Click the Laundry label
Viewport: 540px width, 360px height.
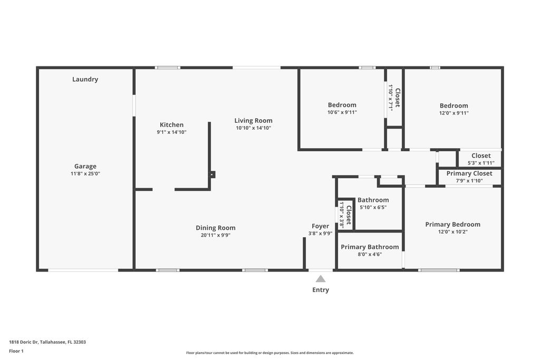(x=85, y=80)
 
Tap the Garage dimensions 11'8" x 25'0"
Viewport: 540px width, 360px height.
(x=85, y=173)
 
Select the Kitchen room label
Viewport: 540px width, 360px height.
(x=171, y=125)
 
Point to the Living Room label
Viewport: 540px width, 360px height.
(x=253, y=121)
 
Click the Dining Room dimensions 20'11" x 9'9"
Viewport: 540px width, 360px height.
(x=216, y=235)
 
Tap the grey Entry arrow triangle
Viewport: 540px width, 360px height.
(x=321, y=279)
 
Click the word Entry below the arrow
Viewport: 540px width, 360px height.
(x=321, y=290)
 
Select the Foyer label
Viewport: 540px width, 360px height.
(x=321, y=226)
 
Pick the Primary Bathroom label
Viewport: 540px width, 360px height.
(x=370, y=247)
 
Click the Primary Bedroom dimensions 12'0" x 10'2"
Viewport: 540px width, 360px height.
(x=452, y=231)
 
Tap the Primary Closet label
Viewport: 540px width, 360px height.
(x=469, y=173)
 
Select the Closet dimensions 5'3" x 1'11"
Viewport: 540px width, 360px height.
(x=480, y=163)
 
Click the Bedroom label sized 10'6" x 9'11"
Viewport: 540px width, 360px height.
(x=342, y=105)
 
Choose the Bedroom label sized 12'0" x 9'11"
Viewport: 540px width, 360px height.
(x=454, y=105)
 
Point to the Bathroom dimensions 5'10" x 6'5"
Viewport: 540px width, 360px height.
(x=373, y=207)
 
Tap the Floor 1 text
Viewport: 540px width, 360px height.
(x=16, y=351)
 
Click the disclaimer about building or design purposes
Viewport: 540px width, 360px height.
(x=269, y=353)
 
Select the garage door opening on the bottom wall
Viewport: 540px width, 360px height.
(x=83, y=270)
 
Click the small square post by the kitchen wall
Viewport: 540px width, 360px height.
(x=213, y=174)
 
